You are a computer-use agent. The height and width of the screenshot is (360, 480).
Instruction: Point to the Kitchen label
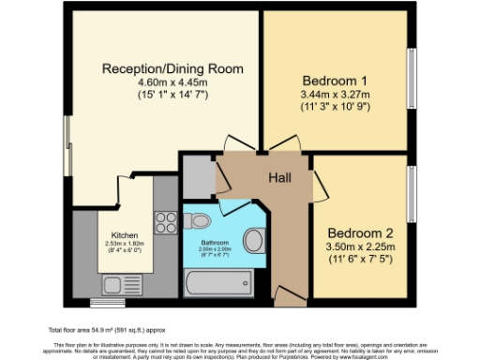(x=125, y=234)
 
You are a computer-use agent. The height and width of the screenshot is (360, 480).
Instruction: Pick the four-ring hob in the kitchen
(x=166, y=223)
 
